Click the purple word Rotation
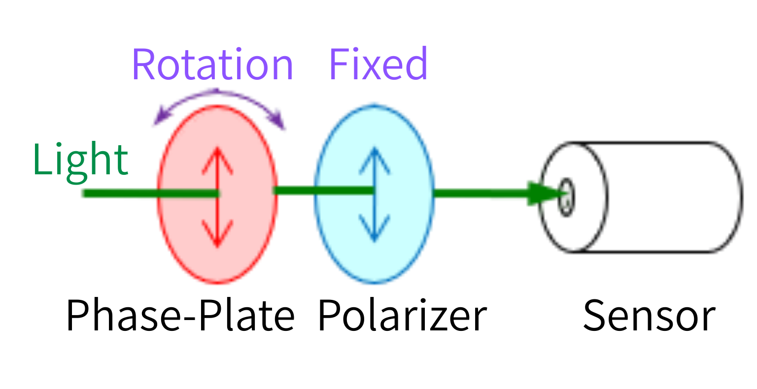pyautogui.click(x=212, y=65)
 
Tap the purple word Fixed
pyautogui.click(x=378, y=65)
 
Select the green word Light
pyautogui.click(x=80, y=160)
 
